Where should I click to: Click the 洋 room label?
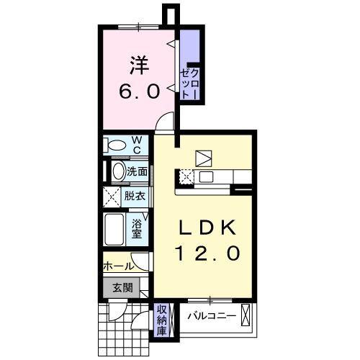(140, 66)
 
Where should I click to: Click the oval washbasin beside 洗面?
(119, 171)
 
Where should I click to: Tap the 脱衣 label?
(136, 195)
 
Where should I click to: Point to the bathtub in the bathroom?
(114, 230)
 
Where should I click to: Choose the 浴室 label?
(137, 228)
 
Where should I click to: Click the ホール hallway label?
(117, 266)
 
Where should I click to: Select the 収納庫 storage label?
(162, 321)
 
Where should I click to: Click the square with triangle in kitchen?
(203, 158)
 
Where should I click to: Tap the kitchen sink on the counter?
(206, 176)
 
